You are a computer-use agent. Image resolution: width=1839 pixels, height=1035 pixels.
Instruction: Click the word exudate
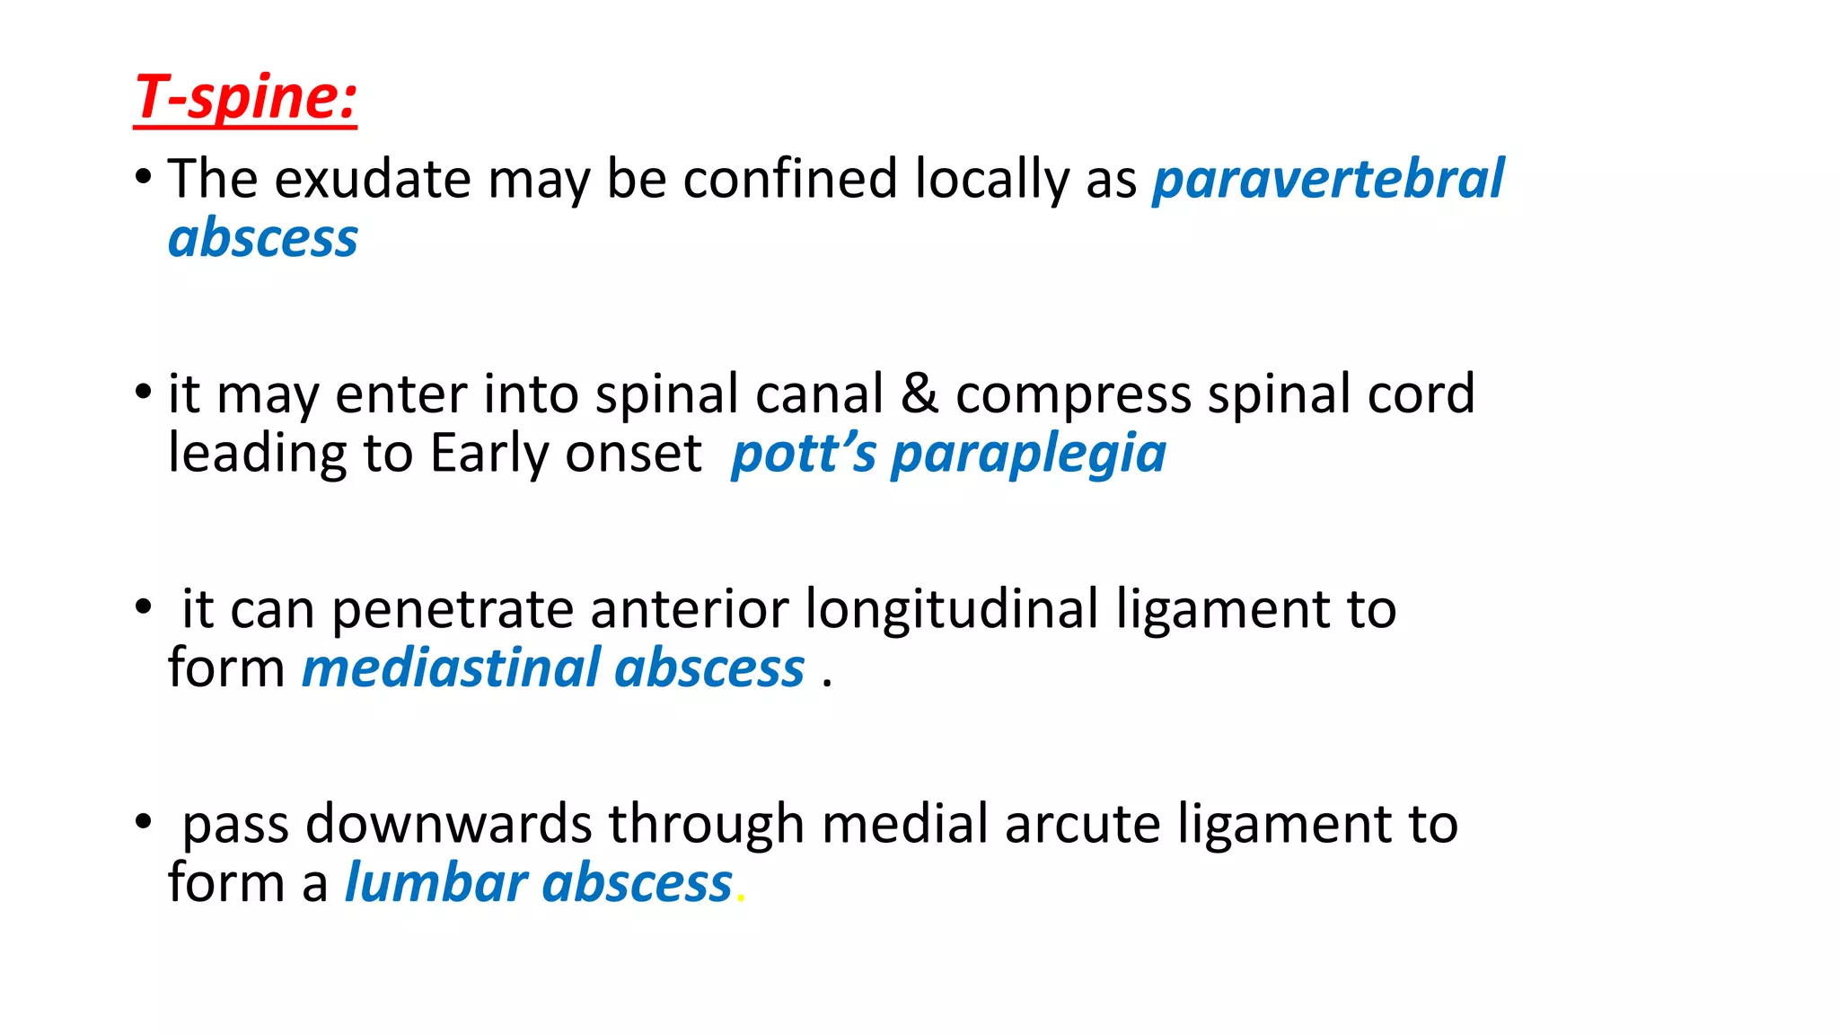(372, 179)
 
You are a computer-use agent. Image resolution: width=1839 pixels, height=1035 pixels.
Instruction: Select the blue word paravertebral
(1328, 179)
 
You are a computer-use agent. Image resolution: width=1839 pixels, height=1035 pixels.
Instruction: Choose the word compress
(1072, 395)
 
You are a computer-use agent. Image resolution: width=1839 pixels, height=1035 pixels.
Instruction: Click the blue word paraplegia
(1028, 454)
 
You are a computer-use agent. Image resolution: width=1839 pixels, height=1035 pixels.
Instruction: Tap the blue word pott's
(803, 454)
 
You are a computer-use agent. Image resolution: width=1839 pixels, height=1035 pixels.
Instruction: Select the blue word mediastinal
(450, 668)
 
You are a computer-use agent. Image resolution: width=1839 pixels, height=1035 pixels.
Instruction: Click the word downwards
(448, 824)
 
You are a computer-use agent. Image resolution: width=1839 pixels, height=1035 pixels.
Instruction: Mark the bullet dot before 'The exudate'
(143, 177)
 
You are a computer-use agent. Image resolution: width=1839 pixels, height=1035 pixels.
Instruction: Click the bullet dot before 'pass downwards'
(143, 821)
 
